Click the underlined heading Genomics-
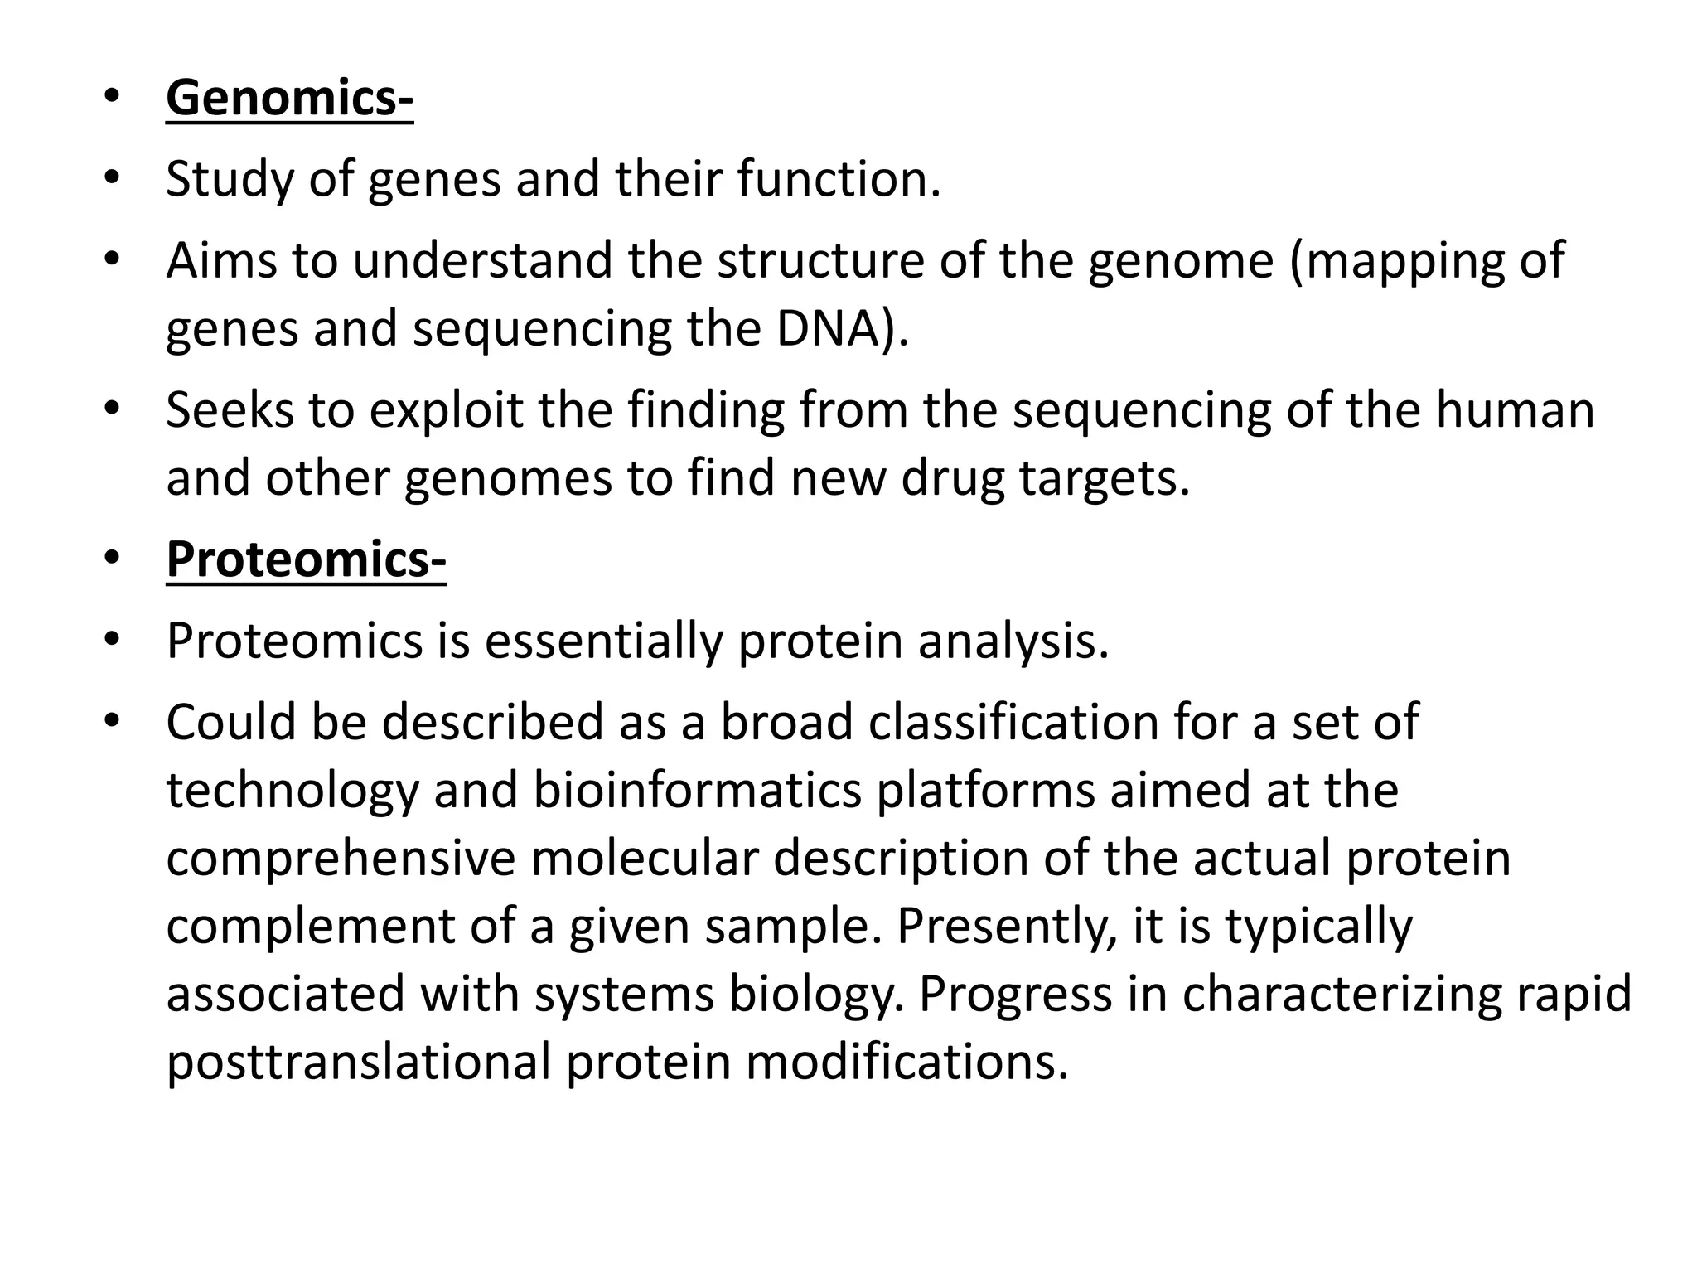pyautogui.click(x=289, y=98)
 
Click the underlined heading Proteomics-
pyautogui.click(x=306, y=559)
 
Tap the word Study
pyautogui.click(x=230, y=179)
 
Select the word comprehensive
pyautogui.click(x=341, y=858)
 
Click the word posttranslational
pyautogui.click(x=358, y=1062)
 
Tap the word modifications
pyautogui.click(x=907, y=1062)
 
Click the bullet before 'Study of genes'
pyautogui.click(x=113, y=177)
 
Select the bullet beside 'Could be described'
pyautogui.click(x=113, y=720)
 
